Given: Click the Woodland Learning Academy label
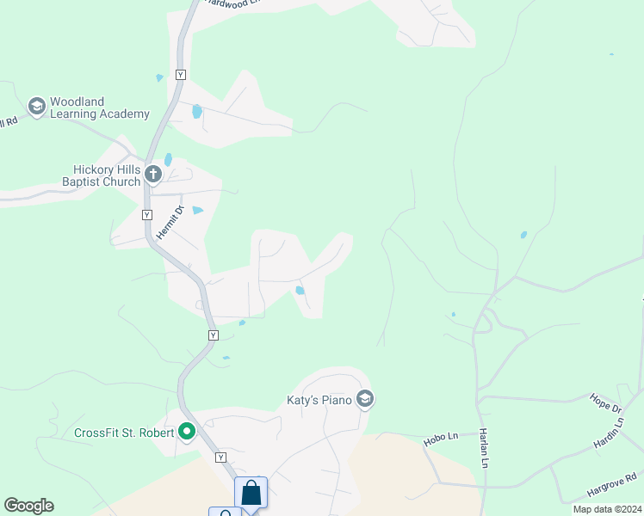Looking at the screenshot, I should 100,107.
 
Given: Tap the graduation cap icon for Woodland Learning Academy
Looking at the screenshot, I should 36,107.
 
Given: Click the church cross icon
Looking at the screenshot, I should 153,175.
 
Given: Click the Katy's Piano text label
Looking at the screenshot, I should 320,400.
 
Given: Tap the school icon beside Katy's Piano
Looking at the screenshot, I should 365,399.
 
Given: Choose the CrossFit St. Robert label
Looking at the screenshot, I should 125,433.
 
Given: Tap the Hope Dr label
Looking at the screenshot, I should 605,402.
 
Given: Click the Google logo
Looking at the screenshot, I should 28,506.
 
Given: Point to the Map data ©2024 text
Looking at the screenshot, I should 604,509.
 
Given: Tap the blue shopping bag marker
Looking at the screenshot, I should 251,494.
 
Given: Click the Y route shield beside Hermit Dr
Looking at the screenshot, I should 146,214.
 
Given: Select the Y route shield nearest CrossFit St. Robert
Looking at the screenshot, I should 221,457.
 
